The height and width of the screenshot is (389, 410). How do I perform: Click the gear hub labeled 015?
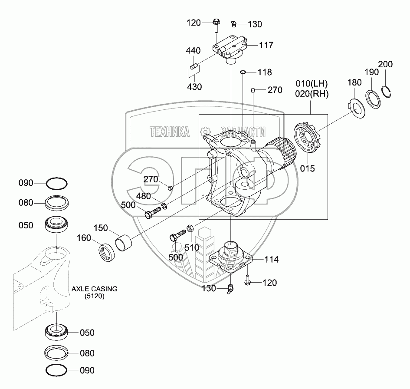pos(309,138)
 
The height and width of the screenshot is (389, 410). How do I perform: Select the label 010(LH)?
pos(312,83)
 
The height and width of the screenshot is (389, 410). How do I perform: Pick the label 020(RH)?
pos(312,93)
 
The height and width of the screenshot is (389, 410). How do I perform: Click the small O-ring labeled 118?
pos(243,72)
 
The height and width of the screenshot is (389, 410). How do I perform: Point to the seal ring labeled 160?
pos(106,252)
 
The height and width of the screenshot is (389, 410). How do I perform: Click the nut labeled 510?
pos(190,228)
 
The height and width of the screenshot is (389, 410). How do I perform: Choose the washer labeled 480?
pos(164,205)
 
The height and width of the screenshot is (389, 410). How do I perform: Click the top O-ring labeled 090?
pos(56,184)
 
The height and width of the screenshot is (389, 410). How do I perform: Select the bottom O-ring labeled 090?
pos(56,370)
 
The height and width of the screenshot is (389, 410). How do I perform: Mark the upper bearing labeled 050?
pos(56,225)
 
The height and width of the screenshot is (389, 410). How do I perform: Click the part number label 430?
pos(194,86)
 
